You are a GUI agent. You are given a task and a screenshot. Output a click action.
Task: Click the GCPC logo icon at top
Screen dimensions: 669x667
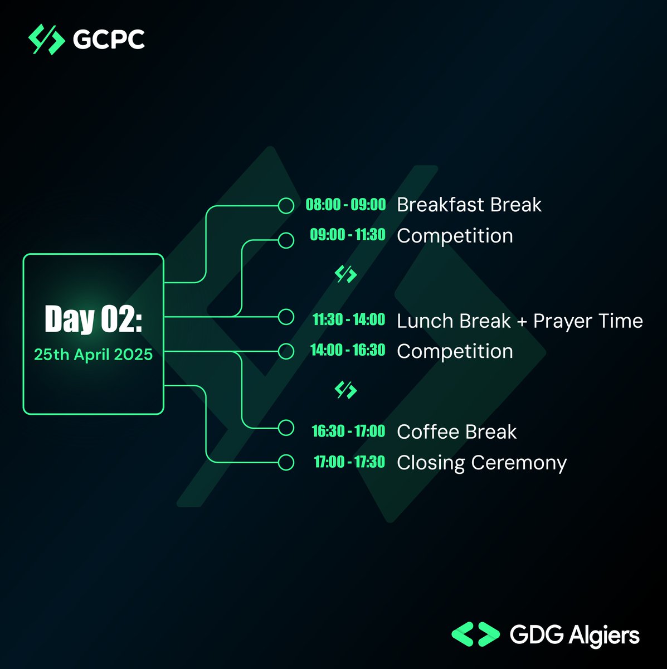tap(46, 40)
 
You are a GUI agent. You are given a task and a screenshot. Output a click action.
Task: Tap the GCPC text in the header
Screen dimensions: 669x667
tap(109, 40)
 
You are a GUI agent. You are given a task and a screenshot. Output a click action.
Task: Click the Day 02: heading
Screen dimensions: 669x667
tap(93, 319)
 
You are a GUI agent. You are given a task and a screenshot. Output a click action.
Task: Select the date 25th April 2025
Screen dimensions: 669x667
tap(93, 355)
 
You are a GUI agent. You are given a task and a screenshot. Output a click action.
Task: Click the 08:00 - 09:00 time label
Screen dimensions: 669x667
tap(345, 205)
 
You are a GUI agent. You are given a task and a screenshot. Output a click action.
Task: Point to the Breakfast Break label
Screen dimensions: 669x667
tap(469, 205)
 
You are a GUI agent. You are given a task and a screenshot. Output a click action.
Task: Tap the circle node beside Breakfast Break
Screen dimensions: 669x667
tap(286, 206)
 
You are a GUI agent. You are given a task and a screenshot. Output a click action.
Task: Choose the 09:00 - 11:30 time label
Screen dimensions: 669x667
tap(348, 235)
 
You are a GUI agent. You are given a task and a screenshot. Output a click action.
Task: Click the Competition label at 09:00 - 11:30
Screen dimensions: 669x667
tap(455, 236)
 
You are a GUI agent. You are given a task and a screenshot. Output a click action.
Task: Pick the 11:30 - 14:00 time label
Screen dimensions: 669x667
tap(349, 319)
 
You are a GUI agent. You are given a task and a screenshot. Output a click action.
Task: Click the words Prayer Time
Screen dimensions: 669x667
tap(588, 321)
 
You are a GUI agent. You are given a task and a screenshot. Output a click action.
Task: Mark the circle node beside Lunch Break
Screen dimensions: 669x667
tap(286, 317)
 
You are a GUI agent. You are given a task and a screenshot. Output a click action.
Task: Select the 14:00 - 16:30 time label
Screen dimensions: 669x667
tap(348, 350)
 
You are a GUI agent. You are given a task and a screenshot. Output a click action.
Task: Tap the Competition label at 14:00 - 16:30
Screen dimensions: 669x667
tap(455, 351)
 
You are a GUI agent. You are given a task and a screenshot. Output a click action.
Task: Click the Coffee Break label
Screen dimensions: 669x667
tap(456, 432)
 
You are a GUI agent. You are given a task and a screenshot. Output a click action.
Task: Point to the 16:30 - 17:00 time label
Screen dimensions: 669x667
tap(348, 431)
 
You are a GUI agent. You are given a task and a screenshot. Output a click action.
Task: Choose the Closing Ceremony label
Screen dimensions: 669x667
tap(481, 463)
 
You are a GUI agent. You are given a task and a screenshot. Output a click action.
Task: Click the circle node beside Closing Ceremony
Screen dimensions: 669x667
tap(286, 462)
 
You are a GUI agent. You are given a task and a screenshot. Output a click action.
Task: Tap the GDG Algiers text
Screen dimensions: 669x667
tap(575, 635)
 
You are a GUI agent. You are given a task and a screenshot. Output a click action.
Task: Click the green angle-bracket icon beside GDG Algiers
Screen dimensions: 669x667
tap(475, 634)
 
